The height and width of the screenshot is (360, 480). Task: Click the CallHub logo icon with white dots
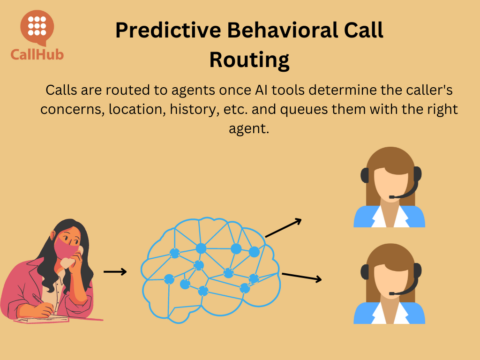coord(37,28)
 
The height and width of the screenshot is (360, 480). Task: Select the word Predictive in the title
coord(164,29)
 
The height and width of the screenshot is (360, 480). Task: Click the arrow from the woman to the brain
coord(115,271)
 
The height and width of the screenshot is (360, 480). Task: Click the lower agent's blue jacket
coord(365,312)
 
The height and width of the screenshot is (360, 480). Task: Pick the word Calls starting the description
coord(64,88)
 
